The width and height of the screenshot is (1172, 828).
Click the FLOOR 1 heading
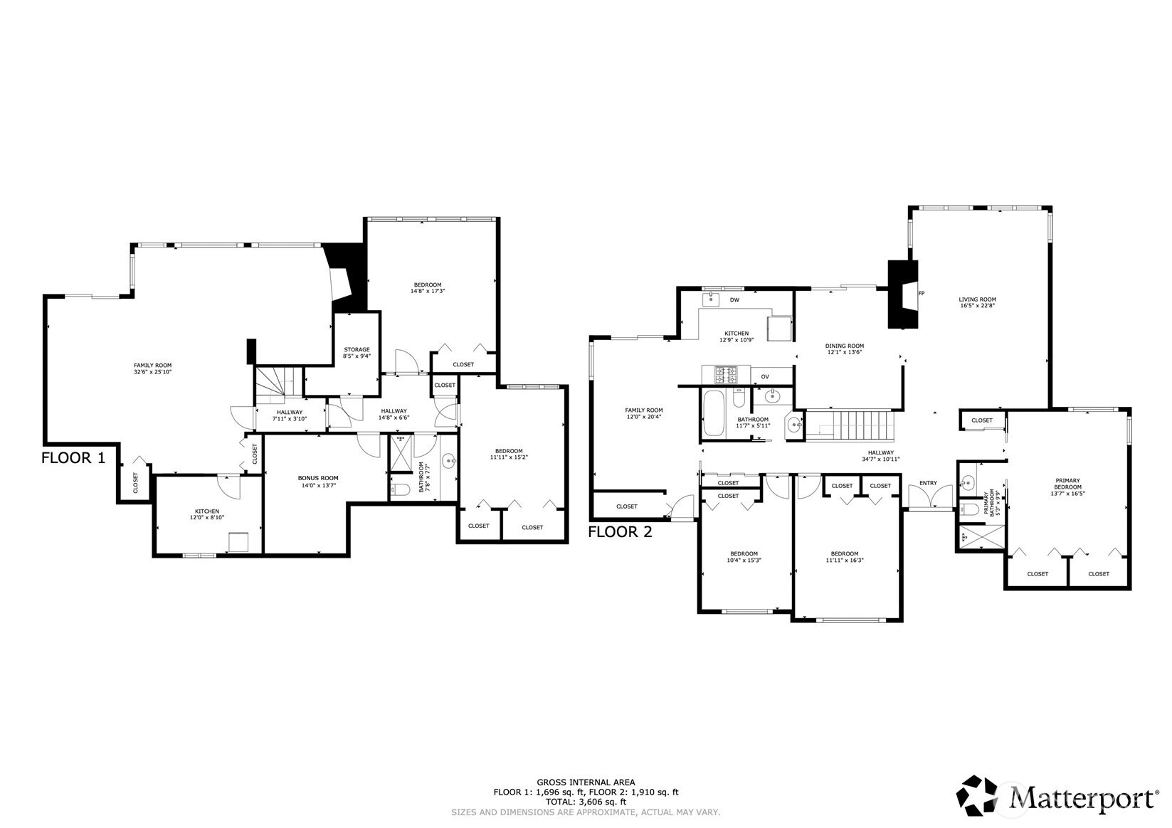pyautogui.click(x=73, y=458)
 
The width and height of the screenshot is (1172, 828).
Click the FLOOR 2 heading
pyautogui.click(x=620, y=532)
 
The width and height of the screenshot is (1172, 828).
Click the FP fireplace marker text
pyautogui.click(x=922, y=294)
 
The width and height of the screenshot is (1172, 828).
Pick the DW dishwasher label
pyautogui.click(x=734, y=300)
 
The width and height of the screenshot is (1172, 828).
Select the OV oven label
pyautogui.click(x=765, y=376)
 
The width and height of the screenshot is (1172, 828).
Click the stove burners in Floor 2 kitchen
pyautogui.click(x=727, y=374)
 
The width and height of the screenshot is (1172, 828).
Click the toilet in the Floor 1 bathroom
pyautogui.click(x=400, y=490)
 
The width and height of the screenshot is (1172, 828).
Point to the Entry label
pyautogui.click(x=928, y=483)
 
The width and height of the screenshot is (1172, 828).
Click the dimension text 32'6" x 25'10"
pyautogui.click(x=153, y=372)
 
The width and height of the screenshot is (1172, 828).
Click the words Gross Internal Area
pyautogui.click(x=586, y=782)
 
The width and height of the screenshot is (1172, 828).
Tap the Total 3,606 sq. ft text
pyautogui.click(x=586, y=801)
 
